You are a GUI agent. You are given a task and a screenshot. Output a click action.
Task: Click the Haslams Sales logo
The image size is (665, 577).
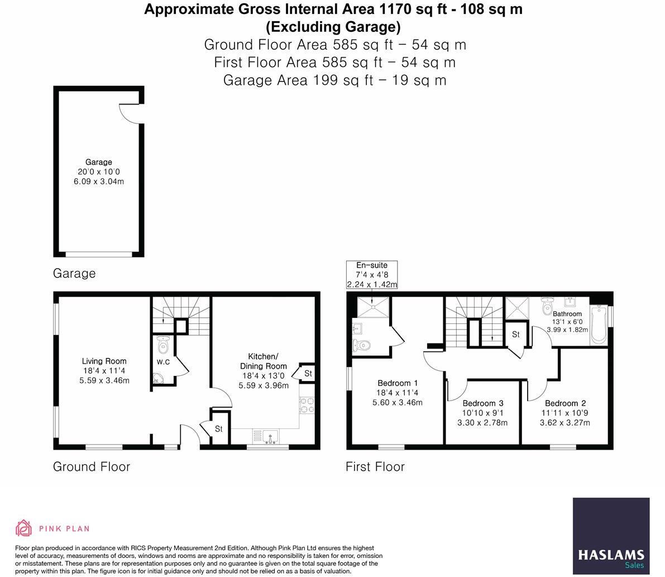[x=611, y=536]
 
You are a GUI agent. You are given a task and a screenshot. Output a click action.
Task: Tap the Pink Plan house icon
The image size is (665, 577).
[x=24, y=528]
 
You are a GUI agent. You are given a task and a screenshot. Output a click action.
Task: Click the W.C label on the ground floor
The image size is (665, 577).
[x=163, y=362]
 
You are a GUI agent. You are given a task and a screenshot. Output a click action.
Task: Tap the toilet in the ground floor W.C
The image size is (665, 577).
[x=163, y=346]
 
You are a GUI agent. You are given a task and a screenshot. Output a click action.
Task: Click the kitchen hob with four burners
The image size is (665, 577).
[x=307, y=405]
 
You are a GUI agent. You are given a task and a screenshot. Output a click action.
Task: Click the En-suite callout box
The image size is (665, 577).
[x=372, y=274]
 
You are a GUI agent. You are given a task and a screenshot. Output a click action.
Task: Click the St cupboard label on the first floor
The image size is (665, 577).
[x=515, y=335]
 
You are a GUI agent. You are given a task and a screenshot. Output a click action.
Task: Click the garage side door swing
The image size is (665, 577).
[x=130, y=113]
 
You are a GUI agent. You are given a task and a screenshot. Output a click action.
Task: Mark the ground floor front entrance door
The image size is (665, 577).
[x=190, y=436]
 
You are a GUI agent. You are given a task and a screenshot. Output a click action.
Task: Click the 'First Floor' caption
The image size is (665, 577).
[x=375, y=466]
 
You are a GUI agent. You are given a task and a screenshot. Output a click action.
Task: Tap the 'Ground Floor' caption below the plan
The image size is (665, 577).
[x=91, y=466]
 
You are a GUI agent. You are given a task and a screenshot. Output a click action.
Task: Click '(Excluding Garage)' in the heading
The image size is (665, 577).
[x=333, y=26]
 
